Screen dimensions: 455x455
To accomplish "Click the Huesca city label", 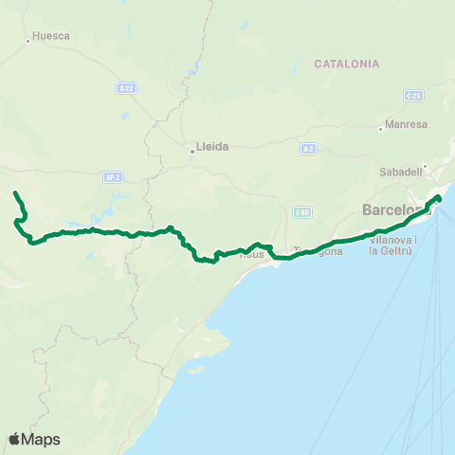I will pos(51,38).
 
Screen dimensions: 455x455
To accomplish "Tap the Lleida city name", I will pos(212,148).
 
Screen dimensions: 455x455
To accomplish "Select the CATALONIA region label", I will pos(346,64).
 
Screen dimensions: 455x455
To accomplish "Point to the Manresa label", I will pos(408,124).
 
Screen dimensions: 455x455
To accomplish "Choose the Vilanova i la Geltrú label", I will pos(387,246).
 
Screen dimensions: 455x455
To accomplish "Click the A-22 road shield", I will pos(126,88).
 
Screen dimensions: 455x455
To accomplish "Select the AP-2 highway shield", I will pos(111,176).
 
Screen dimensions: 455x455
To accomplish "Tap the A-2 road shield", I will pos(308,149).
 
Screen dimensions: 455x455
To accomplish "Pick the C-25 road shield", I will pos(411,96).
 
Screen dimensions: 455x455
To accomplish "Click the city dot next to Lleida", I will pos(191,149).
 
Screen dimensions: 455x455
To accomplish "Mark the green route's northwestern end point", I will pos(15,193).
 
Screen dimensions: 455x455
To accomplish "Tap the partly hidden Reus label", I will pos(251,254).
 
